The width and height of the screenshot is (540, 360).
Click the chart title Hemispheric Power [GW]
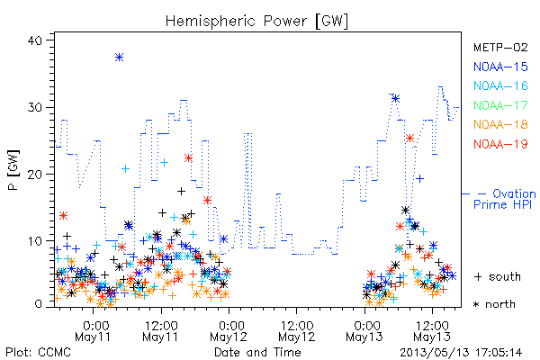(x=256, y=22)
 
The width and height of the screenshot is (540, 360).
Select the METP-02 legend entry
(x=500, y=47)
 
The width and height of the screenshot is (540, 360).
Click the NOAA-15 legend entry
(x=500, y=67)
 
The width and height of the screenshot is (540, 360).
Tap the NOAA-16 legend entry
(x=500, y=85)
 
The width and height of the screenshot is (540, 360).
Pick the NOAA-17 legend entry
(x=500, y=105)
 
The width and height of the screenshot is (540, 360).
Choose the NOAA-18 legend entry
(x=500, y=124)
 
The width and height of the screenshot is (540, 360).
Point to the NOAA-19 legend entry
(x=500, y=144)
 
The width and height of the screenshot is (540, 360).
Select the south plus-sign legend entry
(x=498, y=276)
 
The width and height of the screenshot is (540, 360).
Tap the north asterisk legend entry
(x=494, y=304)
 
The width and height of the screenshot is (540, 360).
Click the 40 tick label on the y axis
(x=34, y=40)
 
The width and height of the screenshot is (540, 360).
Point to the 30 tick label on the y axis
(x=34, y=107)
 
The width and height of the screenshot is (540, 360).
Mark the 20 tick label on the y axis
(x=34, y=175)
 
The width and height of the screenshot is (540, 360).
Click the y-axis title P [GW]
(x=13, y=170)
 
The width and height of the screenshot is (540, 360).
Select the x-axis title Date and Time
(x=257, y=352)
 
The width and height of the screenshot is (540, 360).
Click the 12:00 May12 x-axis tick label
(x=297, y=331)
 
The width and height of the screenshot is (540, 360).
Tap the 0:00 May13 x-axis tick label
(x=364, y=331)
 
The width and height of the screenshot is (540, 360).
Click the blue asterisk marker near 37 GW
(x=119, y=58)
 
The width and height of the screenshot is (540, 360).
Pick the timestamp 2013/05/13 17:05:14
(x=461, y=353)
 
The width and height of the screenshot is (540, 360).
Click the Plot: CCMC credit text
(x=38, y=352)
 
